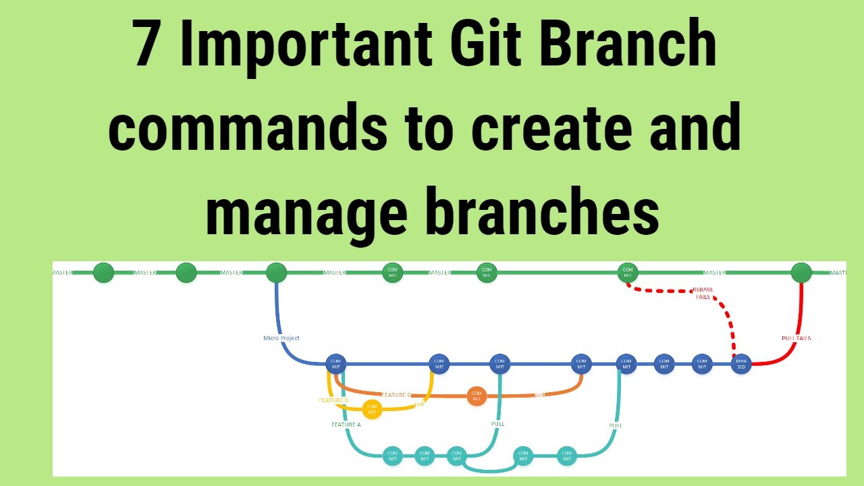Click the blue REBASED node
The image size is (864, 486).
point(741,364)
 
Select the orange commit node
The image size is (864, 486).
point(477,396)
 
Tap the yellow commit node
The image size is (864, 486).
point(372,409)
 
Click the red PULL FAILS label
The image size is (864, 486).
point(796,338)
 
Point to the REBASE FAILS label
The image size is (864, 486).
point(703,293)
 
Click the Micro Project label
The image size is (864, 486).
point(281,338)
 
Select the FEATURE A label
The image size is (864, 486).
point(346,425)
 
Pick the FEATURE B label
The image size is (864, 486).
point(333,400)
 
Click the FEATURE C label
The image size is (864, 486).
point(397,395)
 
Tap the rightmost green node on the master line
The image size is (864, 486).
point(801,273)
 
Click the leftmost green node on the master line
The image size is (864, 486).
point(103,273)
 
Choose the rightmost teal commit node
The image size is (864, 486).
point(566,456)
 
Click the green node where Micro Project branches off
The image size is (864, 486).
point(277,273)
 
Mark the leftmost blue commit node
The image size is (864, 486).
point(335,363)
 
